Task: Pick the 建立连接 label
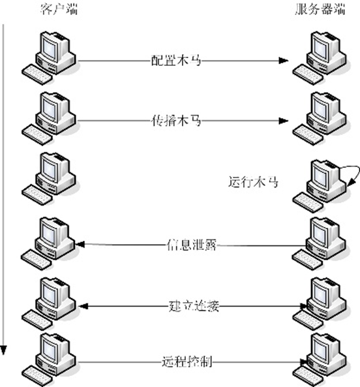pyautogui.click(x=192, y=305)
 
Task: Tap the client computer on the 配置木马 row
pyautogui.click(x=52, y=55)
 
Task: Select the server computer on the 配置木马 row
pyautogui.click(x=320, y=55)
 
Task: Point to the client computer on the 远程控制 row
pyautogui.click(x=52, y=356)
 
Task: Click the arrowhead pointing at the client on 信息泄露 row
pyautogui.click(x=81, y=245)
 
